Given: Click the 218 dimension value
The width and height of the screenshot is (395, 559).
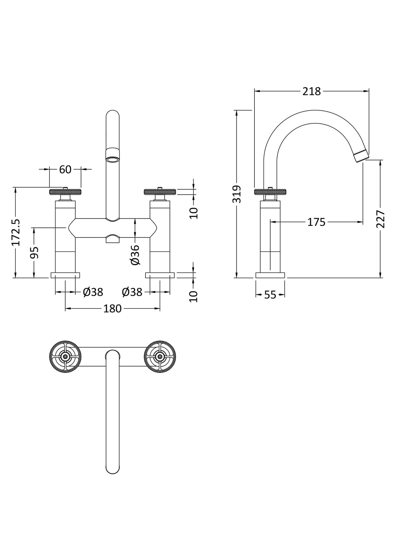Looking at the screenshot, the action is point(311,92).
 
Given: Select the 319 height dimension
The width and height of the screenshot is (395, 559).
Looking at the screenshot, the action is point(237,195).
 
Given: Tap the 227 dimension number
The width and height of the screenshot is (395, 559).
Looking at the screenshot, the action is point(381,219).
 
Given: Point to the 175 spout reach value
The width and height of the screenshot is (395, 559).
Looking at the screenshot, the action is point(316,222).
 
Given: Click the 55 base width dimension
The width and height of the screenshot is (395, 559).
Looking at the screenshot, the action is point(270,295).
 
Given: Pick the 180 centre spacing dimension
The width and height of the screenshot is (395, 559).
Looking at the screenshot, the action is point(112,309).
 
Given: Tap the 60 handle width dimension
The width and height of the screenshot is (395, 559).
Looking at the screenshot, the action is point(65,170).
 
